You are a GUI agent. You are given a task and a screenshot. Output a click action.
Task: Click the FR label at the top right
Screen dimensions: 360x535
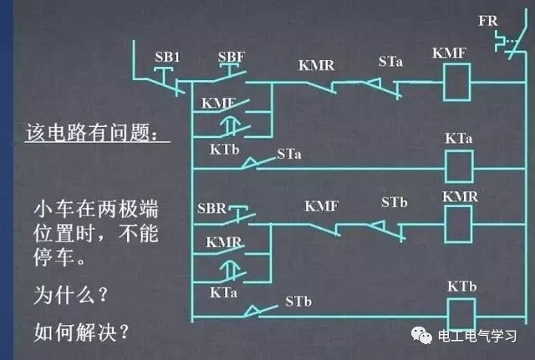(x=489, y=19)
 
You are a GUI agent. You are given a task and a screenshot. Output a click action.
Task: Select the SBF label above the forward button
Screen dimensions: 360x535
(x=232, y=56)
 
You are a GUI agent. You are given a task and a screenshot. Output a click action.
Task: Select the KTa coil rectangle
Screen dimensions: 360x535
(x=456, y=167)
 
